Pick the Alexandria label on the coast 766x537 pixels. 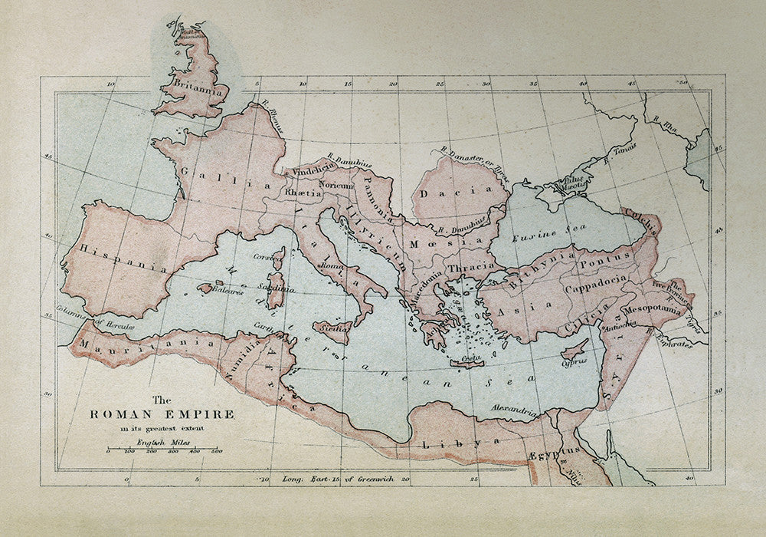514,410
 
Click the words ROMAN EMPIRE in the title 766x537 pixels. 162,414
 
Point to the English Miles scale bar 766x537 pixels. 162,450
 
